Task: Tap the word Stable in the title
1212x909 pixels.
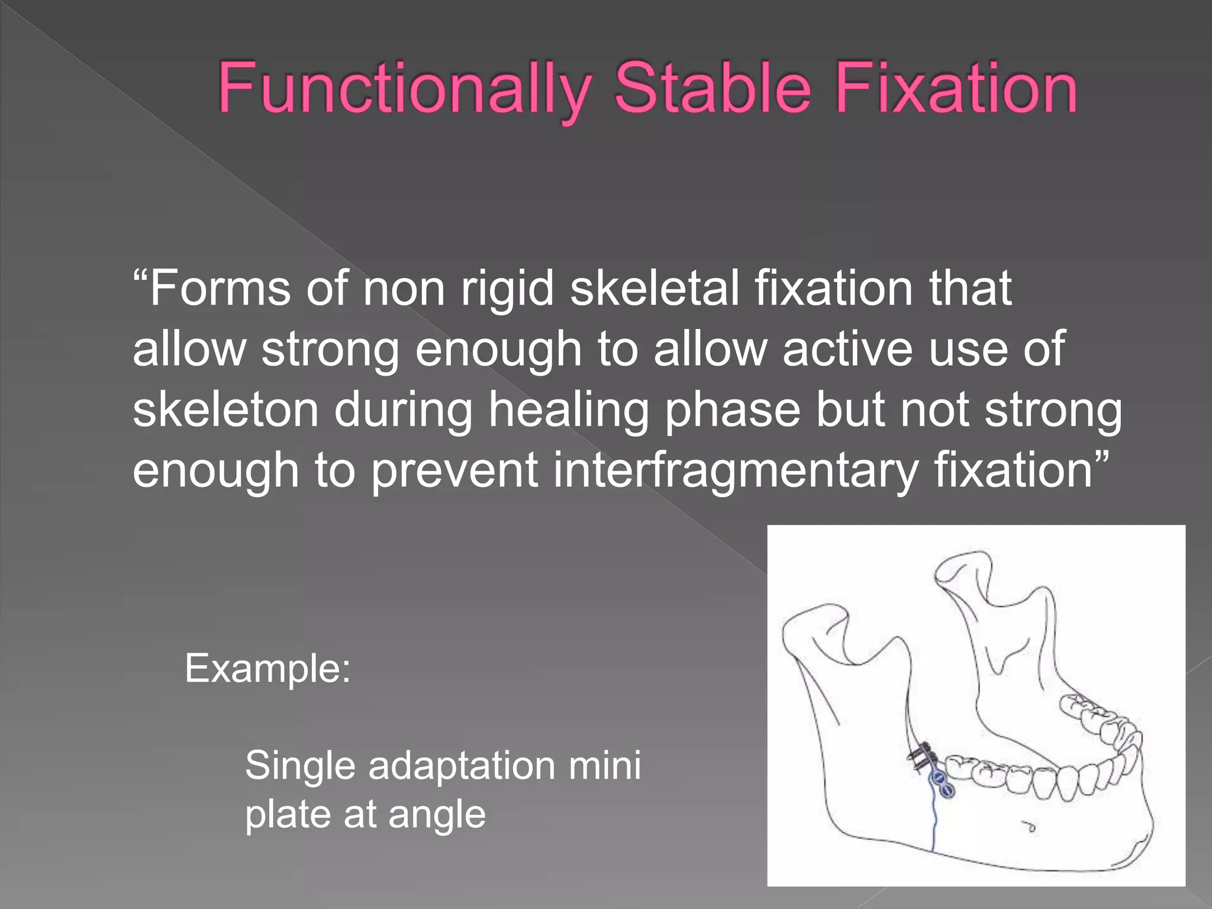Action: (712, 89)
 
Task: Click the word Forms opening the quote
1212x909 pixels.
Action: (219, 288)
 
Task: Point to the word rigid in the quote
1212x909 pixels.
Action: (507, 288)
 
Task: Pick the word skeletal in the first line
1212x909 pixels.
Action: (654, 288)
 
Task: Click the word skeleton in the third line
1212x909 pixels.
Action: (225, 410)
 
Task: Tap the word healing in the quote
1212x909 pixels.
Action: (568, 410)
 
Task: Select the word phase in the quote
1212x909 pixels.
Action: (733, 410)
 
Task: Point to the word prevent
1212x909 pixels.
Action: (454, 470)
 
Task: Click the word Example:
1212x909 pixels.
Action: (268, 669)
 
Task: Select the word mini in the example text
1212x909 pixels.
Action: (604, 766)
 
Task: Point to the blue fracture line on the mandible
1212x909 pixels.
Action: (934, 829)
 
